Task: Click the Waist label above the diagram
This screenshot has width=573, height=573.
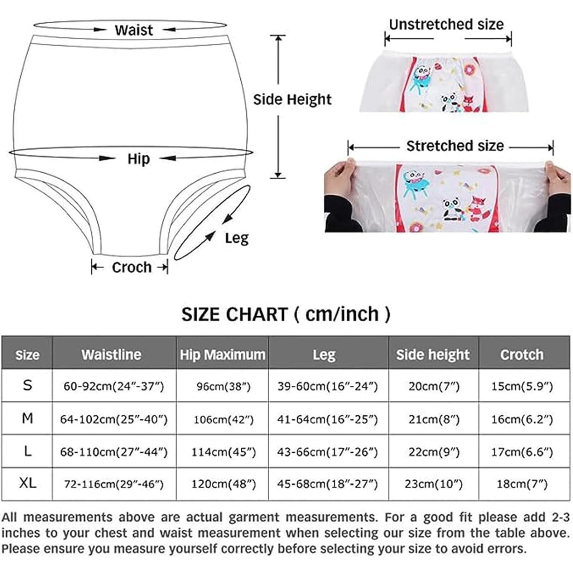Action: click(x=134, y=30)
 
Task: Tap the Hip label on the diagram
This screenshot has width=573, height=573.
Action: click(x=139, y=159)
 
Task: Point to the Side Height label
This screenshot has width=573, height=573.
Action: click(x=292, y=100)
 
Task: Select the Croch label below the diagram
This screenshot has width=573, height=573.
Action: click(x=131, y=267)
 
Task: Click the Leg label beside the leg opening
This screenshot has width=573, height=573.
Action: click(x=236, y=238)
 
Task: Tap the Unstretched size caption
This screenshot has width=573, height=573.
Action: click(x=446, y=25)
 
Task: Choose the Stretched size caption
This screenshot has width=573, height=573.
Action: click(x=455, y=146)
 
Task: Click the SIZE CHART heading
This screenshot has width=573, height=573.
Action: click(x=286, y=314)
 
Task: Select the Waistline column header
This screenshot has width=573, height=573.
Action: click(x=111, y=355)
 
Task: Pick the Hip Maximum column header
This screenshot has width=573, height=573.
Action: click(x=222, y=355)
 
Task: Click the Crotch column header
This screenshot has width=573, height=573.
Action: click(x=522, y=355)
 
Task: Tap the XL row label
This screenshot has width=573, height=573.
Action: click(x=28, y=483)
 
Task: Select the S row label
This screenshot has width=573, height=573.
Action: click(x=28, y=385)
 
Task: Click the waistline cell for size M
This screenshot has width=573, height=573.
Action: click(x=114, y=419)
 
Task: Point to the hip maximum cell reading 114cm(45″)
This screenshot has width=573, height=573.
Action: click(x=223, y=452)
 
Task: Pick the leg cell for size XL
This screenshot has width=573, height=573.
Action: click(x=327, y=484)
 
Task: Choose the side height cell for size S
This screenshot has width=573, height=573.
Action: click(x=434, y=386)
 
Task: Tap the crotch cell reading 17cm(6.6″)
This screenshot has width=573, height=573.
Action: click(x=522, y=452)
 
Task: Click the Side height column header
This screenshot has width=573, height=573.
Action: click(x=433, y=355)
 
